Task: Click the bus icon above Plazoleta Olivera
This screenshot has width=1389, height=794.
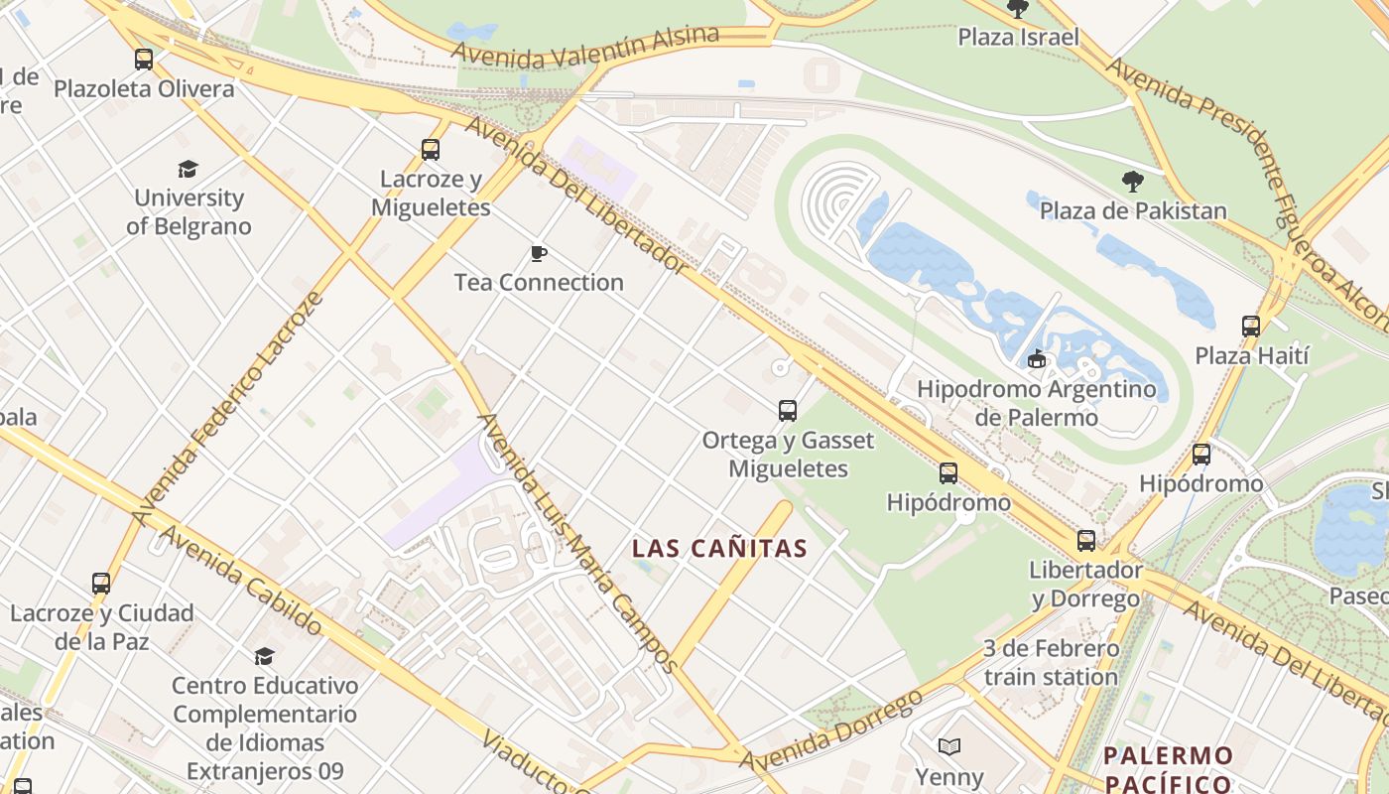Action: click(144, 60)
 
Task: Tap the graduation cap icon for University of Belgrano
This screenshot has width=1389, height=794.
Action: click(188, 169)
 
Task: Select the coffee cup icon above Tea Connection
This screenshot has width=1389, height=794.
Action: click(538, 254)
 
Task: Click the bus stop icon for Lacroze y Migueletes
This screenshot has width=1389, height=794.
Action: click(430, 150)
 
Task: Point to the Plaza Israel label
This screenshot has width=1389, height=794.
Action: click(1017, 38)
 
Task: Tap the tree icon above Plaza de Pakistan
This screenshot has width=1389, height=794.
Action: click(1132, 182)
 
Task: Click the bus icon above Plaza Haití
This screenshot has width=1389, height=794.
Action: click(1250, 326)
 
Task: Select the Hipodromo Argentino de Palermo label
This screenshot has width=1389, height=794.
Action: click(1036, 402)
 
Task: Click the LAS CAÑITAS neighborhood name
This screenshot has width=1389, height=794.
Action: click(719, 548)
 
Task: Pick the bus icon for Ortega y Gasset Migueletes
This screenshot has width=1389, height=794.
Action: click(787, 410)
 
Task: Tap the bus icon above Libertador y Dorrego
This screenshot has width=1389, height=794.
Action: click(1086, 541)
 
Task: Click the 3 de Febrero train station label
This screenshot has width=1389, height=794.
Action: click(1051, 663)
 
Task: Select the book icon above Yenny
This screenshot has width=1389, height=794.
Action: click(948, 746)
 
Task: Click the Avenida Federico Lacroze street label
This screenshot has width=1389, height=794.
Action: click(229, 408)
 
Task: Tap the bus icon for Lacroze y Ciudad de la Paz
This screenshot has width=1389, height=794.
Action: click(100, 584)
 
